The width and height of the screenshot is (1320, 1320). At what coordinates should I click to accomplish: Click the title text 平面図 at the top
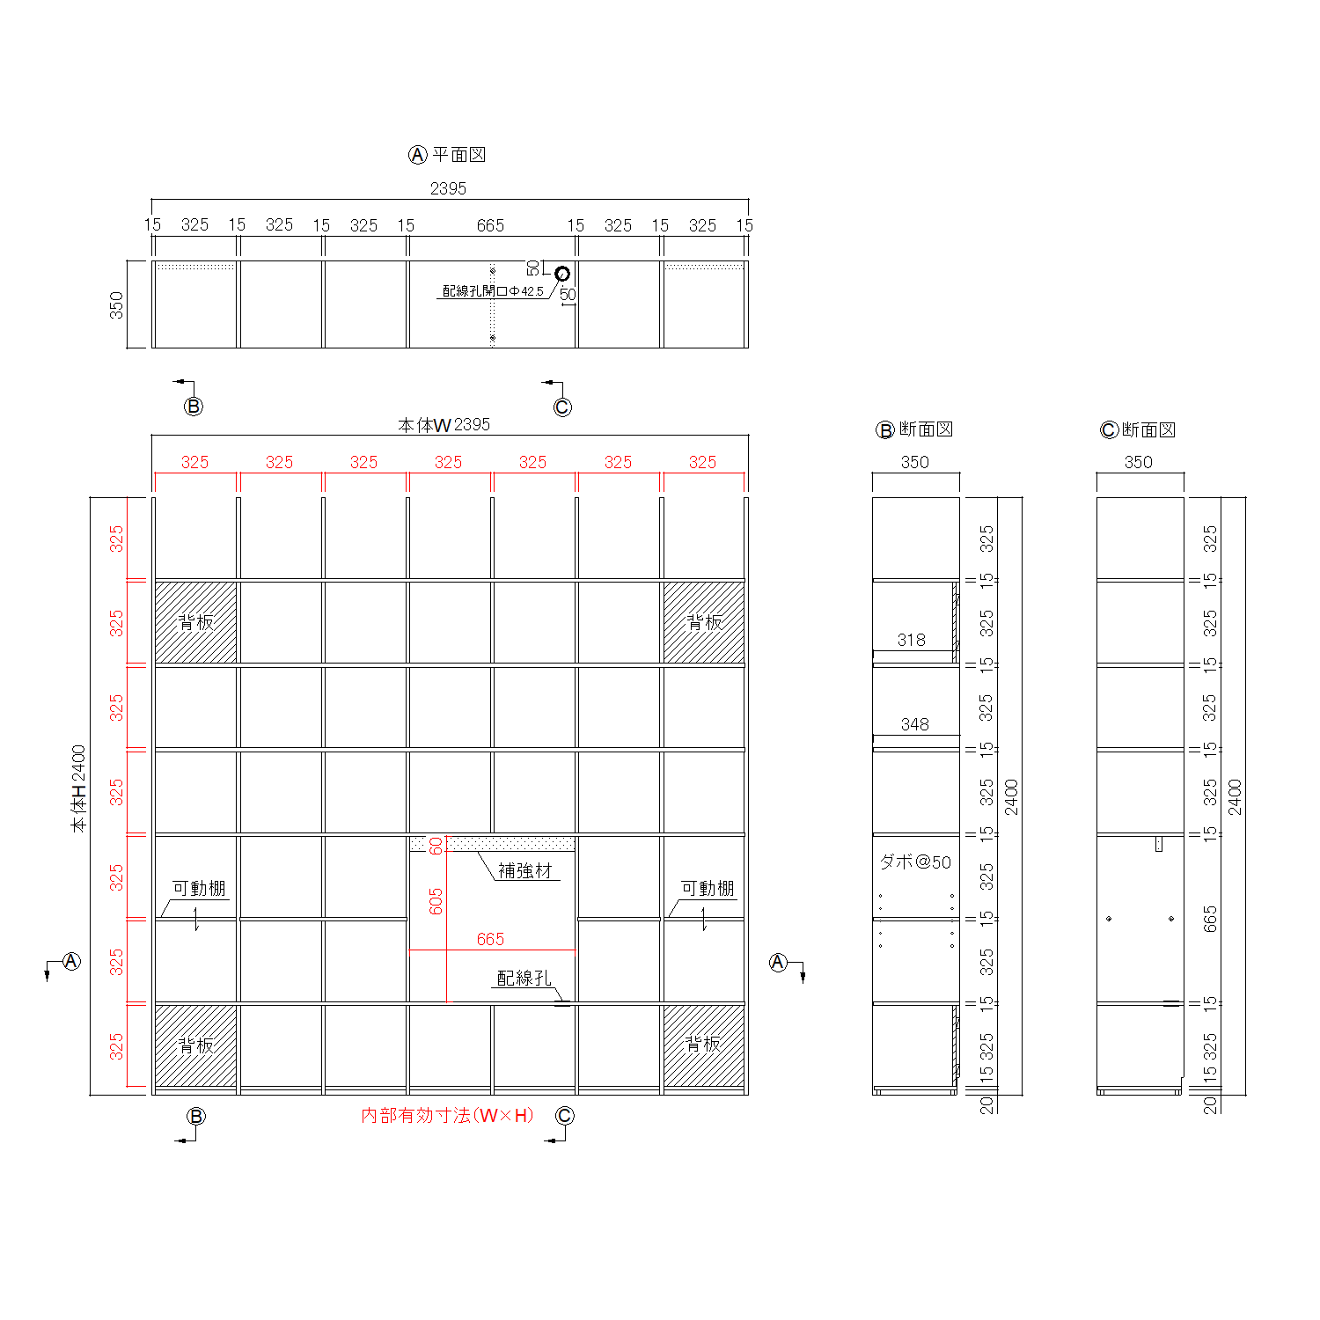(x=458, y=155)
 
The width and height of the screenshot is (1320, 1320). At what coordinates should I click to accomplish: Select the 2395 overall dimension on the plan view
(x=448, y=188)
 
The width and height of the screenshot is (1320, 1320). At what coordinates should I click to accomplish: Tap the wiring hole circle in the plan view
(x=562, y=274)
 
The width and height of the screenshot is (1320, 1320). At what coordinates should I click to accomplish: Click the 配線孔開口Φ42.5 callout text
(x=493, y=291)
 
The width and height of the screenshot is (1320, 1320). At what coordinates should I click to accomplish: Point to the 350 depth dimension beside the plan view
(x=116, y=305)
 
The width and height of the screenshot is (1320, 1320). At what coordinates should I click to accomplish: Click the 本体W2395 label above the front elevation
(x=444, y=425)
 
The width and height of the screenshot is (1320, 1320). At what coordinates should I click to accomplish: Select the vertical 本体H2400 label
(x=79, y=788)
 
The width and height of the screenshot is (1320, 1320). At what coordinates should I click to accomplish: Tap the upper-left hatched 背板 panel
(x=195, y=622)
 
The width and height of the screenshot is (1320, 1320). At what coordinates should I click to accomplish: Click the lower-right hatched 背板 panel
(x=703, y=1045)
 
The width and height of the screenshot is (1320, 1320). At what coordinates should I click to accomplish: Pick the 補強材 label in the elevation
(x=524, y=871)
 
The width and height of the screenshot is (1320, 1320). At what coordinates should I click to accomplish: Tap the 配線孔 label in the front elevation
(x=524, y=978)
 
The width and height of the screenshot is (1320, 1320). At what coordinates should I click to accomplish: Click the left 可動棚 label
(x=199, y=889)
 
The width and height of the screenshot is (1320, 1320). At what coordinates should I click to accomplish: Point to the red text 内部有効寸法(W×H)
(x=448, y=1116)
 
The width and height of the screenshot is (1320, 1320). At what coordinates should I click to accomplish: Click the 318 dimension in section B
(x=912, y=640)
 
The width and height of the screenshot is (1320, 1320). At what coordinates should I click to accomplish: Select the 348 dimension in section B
(x=914, y=724)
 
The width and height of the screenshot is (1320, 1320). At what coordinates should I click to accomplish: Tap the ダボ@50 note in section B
(x=915, y=862)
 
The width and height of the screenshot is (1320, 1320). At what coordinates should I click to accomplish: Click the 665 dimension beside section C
(x=1210, y=919)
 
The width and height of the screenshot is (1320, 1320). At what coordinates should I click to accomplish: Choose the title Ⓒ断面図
(x=1138, y=429)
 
